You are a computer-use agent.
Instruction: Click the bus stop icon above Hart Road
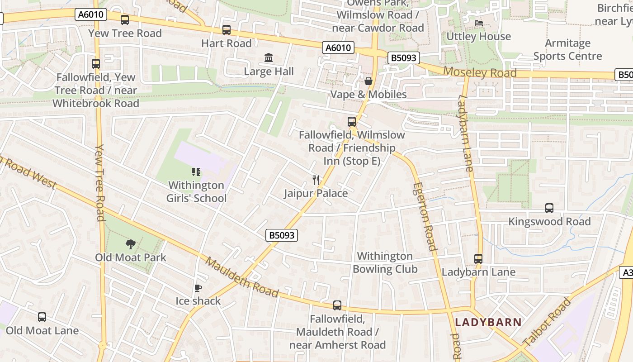(x=227, y=30)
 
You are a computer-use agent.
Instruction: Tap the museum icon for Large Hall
(x=269, y=58)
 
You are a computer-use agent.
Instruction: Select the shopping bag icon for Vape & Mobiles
(x=368, y=81)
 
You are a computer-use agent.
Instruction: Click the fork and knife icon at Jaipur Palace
(x=316, y=180)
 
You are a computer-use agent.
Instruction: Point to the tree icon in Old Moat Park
(x=131, y=244)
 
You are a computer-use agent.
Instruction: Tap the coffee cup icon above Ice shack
(x=198, y=288)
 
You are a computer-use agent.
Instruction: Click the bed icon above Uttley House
(x=478, y=23)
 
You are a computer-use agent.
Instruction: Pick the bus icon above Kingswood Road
(x=549, y=208)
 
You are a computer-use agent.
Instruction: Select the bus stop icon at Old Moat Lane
(x=42, y=317)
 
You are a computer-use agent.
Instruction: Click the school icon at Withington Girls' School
(x=196, y=172)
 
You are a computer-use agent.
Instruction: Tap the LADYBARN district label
(x=488, y=323)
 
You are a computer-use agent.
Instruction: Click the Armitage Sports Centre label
(x=567, y=50)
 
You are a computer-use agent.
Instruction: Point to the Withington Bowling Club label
(x=385, y=263)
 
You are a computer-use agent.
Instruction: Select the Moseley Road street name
(x=480, y=72)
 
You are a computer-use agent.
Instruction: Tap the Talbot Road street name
(x=547, y=322)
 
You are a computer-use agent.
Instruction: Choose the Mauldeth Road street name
(x=242, y=277)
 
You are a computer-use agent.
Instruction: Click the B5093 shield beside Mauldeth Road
(x=282, y=235)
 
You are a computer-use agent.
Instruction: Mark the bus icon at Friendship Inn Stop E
(x=352, y=121)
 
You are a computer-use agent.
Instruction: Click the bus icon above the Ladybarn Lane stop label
(x=478, y=259)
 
